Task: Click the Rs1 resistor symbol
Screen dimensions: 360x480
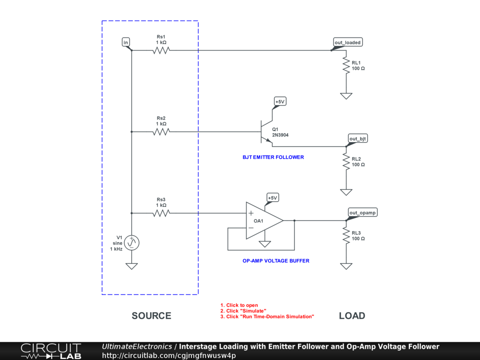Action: coord(161,50)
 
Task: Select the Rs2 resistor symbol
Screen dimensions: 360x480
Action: coord(161,132)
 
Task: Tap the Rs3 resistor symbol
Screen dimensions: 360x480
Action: coord(161,213)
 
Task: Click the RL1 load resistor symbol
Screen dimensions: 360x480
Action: coord(346,66)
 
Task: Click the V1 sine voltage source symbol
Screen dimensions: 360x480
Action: coord(132,242)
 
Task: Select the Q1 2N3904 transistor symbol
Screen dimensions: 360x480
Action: coord(265,132)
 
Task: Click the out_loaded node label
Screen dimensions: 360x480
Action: coord(347,42)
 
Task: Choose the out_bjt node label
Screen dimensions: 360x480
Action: coord(357,138)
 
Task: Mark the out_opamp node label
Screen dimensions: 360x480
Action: coord(362,212)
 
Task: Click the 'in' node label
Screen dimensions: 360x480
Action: coord(126,43)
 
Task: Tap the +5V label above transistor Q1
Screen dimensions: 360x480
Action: coord(280,102)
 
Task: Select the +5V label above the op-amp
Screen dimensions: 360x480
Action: coord(272,198)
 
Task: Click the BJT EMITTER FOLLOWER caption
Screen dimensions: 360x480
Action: coord(273,157)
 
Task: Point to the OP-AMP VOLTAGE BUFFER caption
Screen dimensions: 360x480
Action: coord(276,261)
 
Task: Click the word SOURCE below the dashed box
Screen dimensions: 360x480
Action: coord(151,315)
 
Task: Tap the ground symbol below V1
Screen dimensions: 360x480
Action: coord(132,266)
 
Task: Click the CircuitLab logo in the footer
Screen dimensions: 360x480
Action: coord(51,351)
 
